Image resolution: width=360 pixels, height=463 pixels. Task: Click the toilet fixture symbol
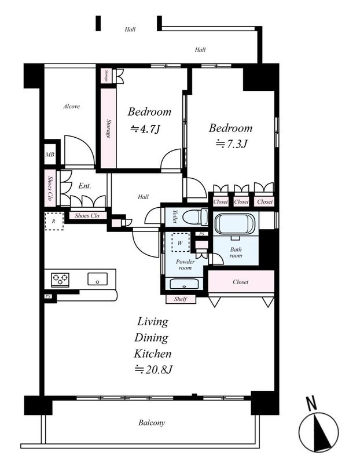coord(196,217)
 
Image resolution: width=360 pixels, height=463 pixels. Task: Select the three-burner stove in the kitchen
coord(60,280)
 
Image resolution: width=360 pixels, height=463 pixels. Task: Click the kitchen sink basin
coord(97,279)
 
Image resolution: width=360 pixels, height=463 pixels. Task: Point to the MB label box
coord(50,154)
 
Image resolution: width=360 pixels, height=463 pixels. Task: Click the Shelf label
coord(181,299)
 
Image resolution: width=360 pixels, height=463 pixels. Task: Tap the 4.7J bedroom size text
coord(145,128)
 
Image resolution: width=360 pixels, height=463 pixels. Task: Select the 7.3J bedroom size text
coord(232,144)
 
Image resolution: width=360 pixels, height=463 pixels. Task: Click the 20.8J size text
coord(153,369)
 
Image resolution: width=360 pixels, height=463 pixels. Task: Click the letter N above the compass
coord(311,403)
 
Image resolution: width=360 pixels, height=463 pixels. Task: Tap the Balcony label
coord(152,423)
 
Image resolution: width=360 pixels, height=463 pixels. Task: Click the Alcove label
coord(71,106)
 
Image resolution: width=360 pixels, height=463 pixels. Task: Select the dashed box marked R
coord(54,221)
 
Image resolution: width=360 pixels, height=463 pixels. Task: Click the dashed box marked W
coord(180,242)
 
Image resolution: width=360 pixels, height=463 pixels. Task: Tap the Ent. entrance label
coord(85,186)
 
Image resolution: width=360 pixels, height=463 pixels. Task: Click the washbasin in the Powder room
coord(185,284)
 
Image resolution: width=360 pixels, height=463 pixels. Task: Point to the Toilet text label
coord(175,216)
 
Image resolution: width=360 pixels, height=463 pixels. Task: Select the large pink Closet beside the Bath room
coord(241,282)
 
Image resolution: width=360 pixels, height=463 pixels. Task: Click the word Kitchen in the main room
coord(152,354)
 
